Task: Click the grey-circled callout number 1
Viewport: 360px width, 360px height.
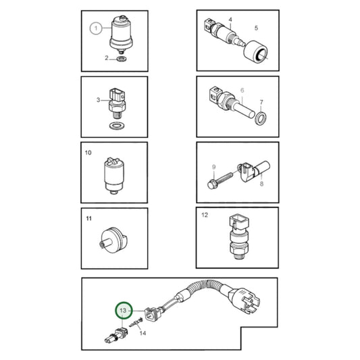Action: pyautogui.click(x=96, y=28)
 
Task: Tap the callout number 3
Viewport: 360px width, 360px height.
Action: pyautogui.click(x=98, y=101)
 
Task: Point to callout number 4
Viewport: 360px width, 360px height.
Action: pyautogui.click(x=230, y=20)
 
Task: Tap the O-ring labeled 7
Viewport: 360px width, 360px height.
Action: pyautogui.click(x=261, y=119)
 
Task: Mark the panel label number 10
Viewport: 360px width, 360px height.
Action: pyautogui.click(x=88, y=154)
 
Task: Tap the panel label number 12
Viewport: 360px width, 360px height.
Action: pyautogui.click(x=205, y=216)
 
